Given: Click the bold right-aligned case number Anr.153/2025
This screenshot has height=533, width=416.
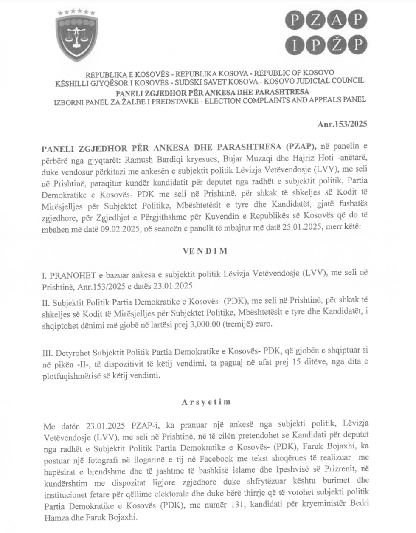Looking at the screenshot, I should tap(342, 124).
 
